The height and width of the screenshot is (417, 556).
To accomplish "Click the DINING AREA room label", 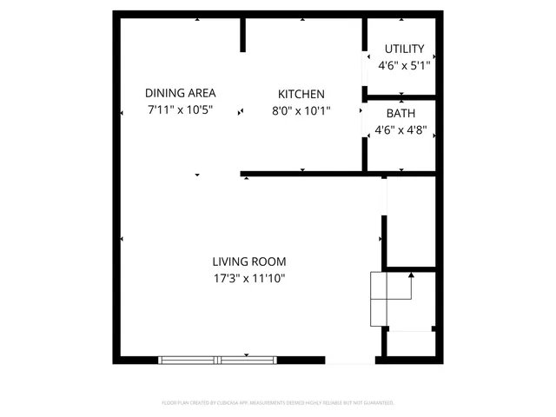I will pyautogui.click(x=181, y=94).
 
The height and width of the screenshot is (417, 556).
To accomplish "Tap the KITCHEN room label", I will pyautogui.click(x=301, y=94).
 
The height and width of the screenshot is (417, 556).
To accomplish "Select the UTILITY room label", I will pyautogui.click(x=404, y=49).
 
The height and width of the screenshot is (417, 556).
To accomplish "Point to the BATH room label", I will pyautogui.click(x=400, y=114).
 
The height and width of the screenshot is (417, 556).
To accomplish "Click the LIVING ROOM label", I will pyautogui.click(x=249, y=261).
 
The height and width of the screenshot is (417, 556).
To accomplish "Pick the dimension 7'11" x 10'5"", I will pyautogui.click(x=181, y=110).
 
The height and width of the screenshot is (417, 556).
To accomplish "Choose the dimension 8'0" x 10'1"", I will pyautogui.click(x=301, y=110).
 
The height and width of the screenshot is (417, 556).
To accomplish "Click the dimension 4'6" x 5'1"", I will pyautogui.click(x=404, y=65).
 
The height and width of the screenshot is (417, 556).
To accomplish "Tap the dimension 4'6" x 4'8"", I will pyautogui.click(x=400, y=130).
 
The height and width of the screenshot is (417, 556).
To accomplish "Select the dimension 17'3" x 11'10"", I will pyautogui.click(x=249, y=279).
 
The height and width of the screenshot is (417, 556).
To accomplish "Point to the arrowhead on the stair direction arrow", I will pyautogui.click(x=411, y=275).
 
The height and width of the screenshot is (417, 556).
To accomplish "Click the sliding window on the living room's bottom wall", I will pyautogui.click(x=218, y=359).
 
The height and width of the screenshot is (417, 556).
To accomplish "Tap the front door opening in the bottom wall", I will pyautogui.click(x=350, y=360).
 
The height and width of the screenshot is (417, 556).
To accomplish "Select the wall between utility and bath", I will pyautogui.click(x=400, y=96).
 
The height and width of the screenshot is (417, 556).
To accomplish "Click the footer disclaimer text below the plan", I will pyautogui.click(x=278, y=403).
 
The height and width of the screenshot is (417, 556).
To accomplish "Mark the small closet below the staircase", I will pyautogui.click(x=408, y=344).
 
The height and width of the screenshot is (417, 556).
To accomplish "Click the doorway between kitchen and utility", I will pyautogui.click(x=364, y=70).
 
